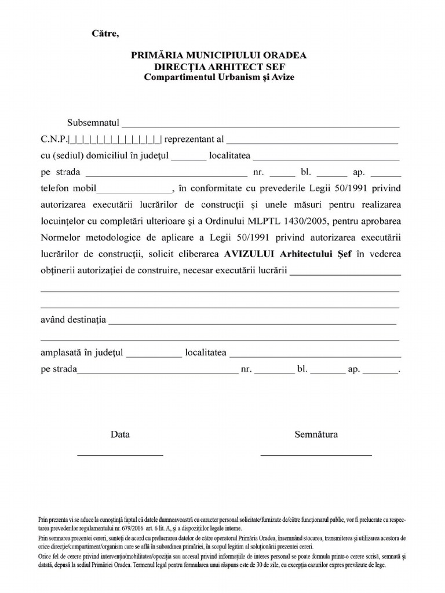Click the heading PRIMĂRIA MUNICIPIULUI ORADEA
(220, 56)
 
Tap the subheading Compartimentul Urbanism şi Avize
(220, 77)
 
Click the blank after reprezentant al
(312, 140)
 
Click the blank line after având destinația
(252, 321)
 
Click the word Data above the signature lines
(121, 434)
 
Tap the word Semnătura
(316, 434)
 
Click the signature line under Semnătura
(316, 455)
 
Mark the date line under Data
(121, 455)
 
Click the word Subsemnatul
(93, 124)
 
